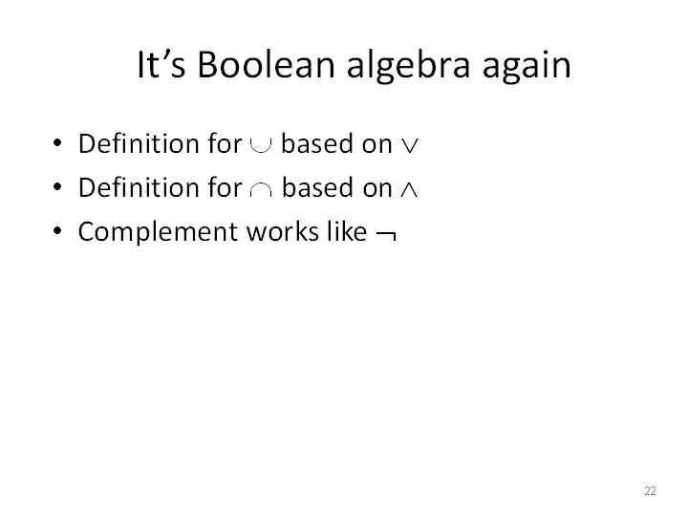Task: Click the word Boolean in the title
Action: pos(267,65)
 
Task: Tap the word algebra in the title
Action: pos(409,66)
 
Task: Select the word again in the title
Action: pos(527,67)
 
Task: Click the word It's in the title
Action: pos(161,65)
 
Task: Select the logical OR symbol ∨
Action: pos(410,145)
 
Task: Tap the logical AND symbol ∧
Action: pos(409,189)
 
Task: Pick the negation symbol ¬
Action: pos(387,235)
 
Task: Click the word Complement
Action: pos(157,232)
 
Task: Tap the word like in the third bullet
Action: pos(347,231)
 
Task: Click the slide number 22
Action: pos(651,490)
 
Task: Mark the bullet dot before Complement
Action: pos(57,231)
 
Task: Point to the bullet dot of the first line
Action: pos(57,143)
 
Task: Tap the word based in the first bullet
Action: pos(317,143)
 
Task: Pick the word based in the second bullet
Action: pos(317,187)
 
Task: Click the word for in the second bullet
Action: pos(226,187)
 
